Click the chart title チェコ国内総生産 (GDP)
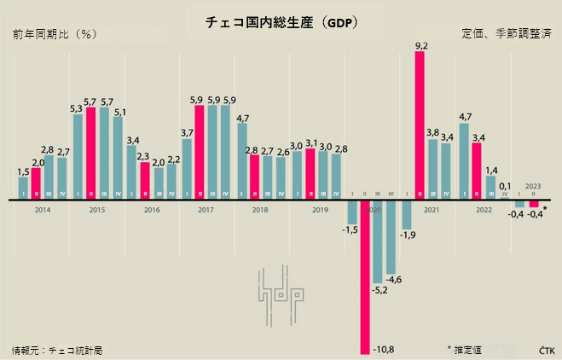281,23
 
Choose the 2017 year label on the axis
206,209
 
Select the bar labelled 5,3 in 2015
78,157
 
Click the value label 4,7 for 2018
242,118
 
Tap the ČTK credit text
546,350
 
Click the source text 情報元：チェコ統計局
56,350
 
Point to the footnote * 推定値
466,349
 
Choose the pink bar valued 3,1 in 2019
310,175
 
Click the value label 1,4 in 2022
490,171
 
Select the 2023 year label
532,186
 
